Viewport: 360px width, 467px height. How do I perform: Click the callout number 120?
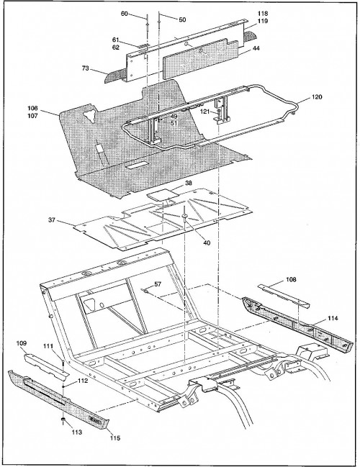click(317, 97)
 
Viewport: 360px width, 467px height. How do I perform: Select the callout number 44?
click(256, 48)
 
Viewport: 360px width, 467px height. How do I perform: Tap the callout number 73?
click(85, 68)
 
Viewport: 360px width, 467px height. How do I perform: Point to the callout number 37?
click(52, 219)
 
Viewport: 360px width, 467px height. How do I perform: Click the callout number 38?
click(189, 183)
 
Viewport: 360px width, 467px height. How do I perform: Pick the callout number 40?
click(207, 242)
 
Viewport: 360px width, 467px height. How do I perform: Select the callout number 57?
click(158, 284)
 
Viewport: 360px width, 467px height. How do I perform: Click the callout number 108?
click(291, 279)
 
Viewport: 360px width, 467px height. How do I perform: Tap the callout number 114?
click(333, 318)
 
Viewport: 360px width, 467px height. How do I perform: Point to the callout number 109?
click(21, 343)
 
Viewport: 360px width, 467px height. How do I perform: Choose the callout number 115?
click(114, 437)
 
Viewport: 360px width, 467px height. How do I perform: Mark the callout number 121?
click(205, 112)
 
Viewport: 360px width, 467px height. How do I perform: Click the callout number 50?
click(182, 19)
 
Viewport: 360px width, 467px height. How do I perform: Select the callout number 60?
click(125, 14)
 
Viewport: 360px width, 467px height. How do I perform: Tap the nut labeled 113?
click(63, 420)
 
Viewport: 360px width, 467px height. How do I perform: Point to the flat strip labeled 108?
click(284, 296)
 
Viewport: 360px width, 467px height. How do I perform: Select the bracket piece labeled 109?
click(47, 365)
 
